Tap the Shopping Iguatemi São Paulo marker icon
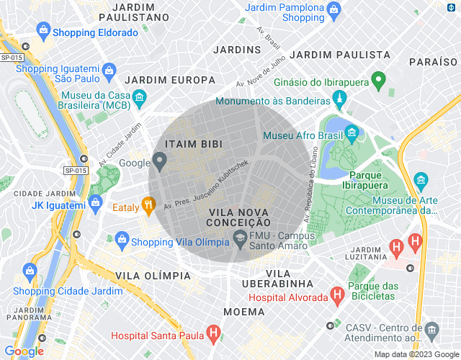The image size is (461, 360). (x=109, y=70)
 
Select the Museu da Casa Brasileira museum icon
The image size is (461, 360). (x=140, y=96)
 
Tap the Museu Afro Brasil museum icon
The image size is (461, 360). (x=351, y=132)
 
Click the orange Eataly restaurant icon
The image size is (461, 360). (x=148, y=204)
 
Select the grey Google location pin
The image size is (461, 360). (x=160, y=161)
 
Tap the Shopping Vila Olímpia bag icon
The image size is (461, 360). (x=121, y=239)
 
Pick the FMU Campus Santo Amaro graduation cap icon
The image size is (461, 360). (x=238, y=239)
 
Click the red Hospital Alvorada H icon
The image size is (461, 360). (x=336, y=294)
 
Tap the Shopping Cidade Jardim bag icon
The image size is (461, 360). (x=30, y=271)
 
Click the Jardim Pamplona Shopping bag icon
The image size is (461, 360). (x=334, y=9)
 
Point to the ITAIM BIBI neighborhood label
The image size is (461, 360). (x=188, y=144)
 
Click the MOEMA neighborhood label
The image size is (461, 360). (x=244, y=312)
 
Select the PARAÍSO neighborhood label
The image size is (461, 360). (x=433, y=63)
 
